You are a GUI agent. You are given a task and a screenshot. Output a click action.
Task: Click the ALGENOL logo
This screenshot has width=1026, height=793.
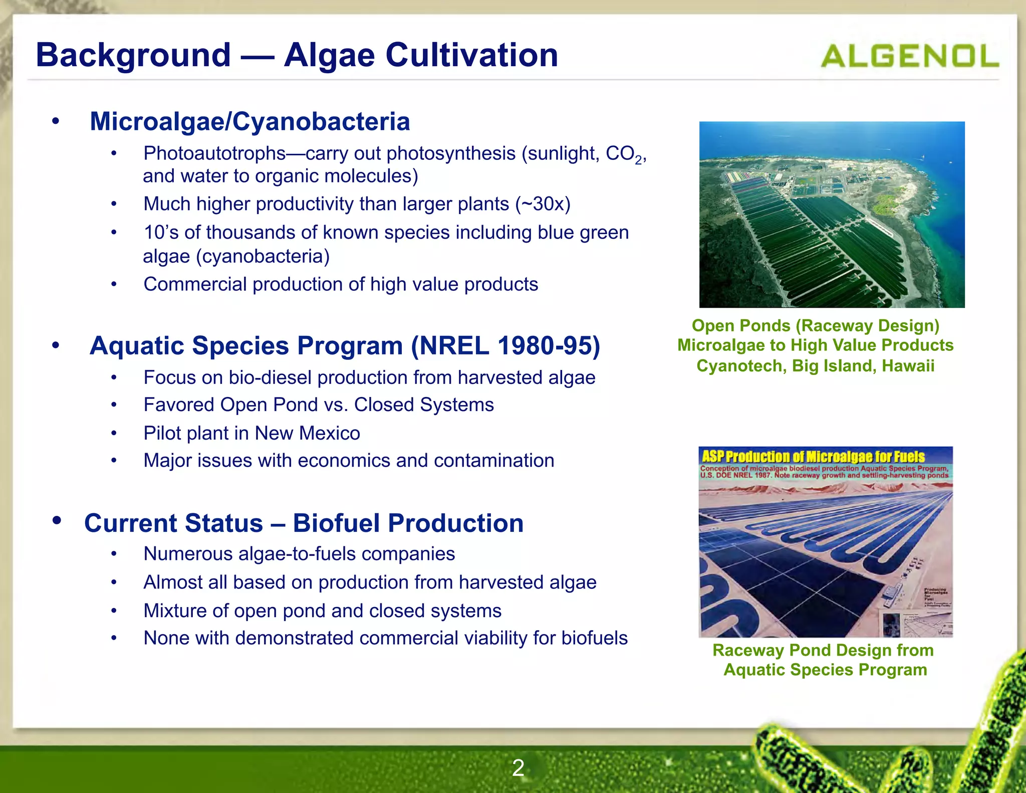(x=909, y=56)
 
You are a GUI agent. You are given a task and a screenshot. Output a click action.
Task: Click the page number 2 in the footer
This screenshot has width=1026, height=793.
(x=518, y=768)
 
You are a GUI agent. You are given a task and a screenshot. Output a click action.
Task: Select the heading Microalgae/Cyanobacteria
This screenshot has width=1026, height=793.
(x=249, y=121)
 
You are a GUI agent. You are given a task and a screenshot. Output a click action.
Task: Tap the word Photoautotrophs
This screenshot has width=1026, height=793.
(x=214, y=153)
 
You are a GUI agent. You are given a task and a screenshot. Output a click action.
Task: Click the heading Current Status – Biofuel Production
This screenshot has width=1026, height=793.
(x=304, y=523)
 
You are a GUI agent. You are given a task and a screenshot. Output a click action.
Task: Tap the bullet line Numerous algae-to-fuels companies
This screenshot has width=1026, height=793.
(x=299, y=554)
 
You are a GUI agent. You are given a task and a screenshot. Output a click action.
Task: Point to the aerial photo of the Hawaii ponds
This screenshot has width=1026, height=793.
(x=832, y=215)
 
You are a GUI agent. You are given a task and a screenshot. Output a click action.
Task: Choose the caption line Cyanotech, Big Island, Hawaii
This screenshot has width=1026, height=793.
(x=815, y=366)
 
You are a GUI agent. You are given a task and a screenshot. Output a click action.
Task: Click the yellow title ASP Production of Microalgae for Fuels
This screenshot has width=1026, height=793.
(x=813, y=457)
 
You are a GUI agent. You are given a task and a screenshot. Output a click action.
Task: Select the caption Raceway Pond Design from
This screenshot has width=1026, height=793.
(x=823, y=650)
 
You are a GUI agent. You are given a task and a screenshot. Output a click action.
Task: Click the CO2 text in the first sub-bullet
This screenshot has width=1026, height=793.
(x=623, y=154)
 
